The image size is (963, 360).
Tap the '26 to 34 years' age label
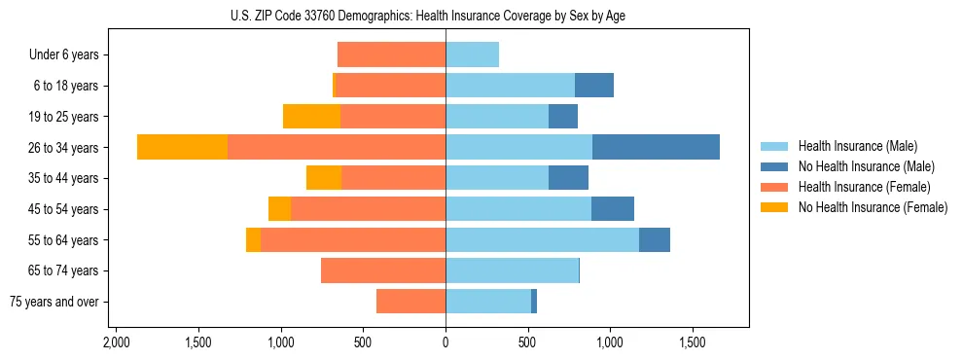[64, 148]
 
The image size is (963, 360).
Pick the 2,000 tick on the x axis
[116, 343]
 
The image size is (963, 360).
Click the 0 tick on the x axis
[446, 343]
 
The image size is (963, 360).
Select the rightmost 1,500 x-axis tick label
[692, 343]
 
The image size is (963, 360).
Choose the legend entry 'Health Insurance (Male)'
[857, 146]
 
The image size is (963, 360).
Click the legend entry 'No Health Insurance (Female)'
[873, 207]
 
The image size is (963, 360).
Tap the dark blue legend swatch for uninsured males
[774, 166]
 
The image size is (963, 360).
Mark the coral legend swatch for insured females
[774, 187]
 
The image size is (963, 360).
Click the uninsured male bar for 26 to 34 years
[656, 147]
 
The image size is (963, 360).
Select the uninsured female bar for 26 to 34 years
[182, 147]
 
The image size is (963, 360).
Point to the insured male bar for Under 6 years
[472, 54]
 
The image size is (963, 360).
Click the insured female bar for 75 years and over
[410, 302]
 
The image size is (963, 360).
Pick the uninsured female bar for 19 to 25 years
[311, 117]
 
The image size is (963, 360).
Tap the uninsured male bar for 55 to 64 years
[654, 239]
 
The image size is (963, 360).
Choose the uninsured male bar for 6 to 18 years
[593, 86]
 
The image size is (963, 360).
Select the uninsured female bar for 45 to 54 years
[279, 209]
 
